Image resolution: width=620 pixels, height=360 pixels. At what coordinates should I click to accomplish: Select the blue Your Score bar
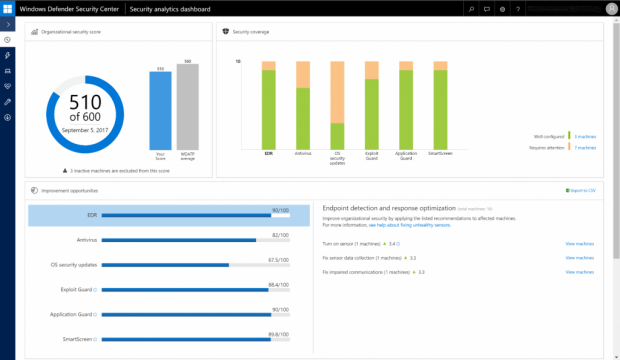point(159,111)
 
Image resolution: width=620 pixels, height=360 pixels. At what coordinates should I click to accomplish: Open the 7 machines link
point(585,147)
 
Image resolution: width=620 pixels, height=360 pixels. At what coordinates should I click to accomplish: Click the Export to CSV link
point(580,189)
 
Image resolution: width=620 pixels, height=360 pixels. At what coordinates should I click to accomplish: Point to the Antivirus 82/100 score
point(280,236)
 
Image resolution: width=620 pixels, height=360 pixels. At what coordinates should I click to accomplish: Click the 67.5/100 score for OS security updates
point(279,261)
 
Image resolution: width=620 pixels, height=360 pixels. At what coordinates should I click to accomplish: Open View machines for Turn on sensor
point(579,243)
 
